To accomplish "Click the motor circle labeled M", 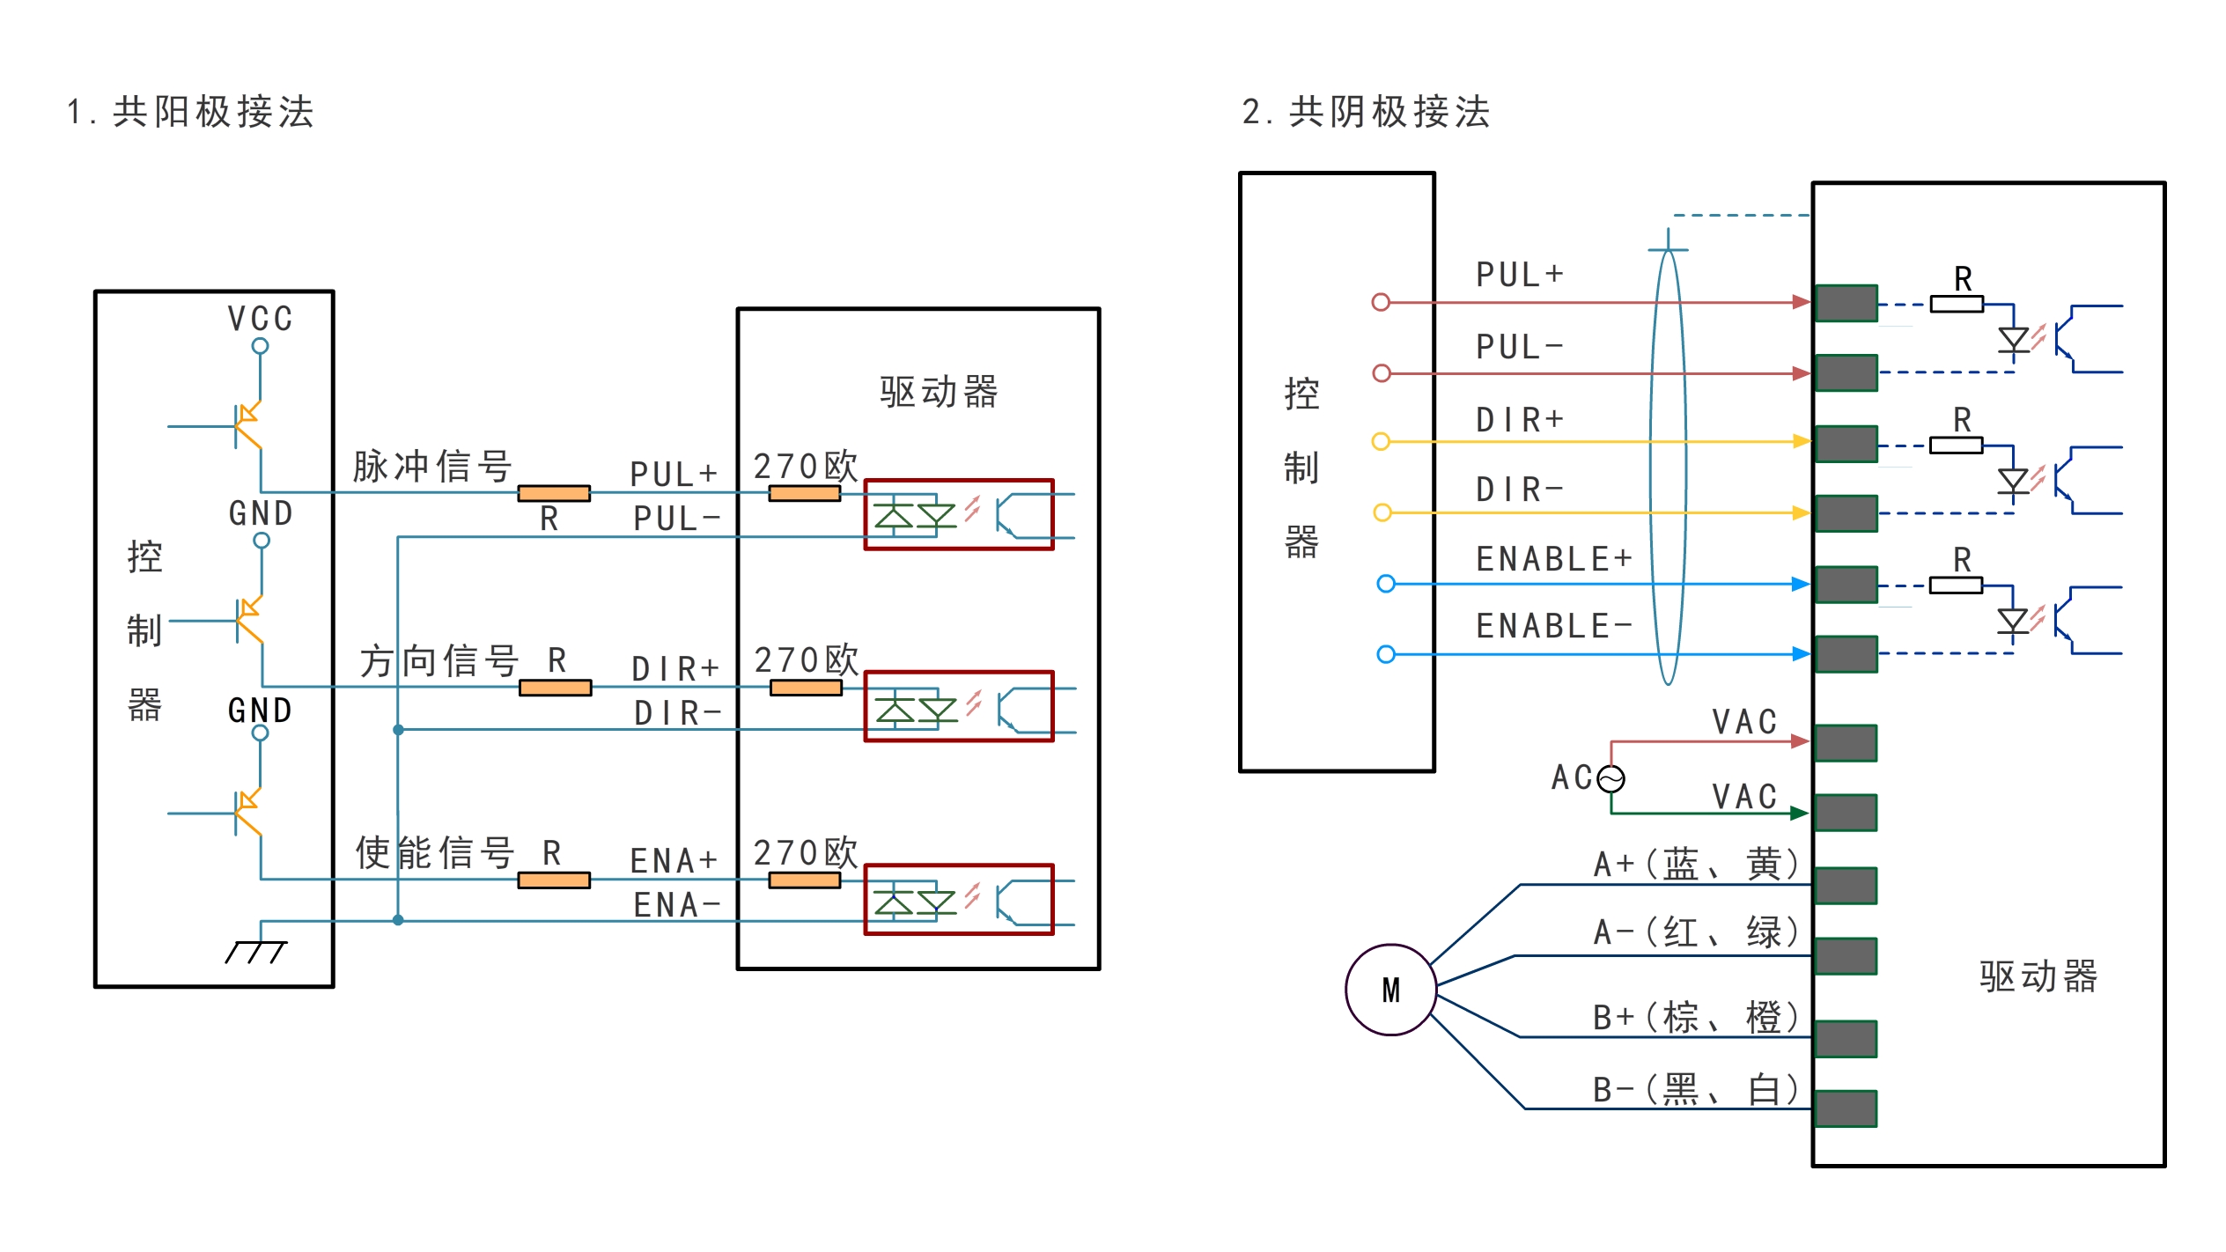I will click(x=1390, y=990).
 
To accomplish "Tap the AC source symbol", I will click(x=1611, y=779).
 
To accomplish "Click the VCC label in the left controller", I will click(x=260, y=319).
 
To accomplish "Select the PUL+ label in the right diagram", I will click(x=1520, y=275).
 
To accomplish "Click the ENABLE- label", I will click(x=1554, y=626).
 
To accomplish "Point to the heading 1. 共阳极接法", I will click(x=191, y=112).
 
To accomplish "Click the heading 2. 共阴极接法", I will click(x=1367, y=112).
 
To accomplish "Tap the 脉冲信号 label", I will click(x=432, y=466).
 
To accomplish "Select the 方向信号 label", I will click(x=439, y=660).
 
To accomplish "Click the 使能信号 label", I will click(x=435, y=852).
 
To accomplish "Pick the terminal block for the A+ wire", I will click(x=1846, y=886).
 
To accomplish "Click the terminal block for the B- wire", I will click(x=1846, y=1108).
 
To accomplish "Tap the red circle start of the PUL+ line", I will click(x=1381, y=303).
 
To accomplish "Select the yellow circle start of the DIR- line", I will click(x=1382, y=512).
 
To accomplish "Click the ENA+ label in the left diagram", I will click(x=674, y=860).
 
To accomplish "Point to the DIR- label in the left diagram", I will click(x=677, y=712).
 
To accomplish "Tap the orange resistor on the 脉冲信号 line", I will click(x=554, y=493).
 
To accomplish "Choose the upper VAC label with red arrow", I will click(x=1744, y=722).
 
